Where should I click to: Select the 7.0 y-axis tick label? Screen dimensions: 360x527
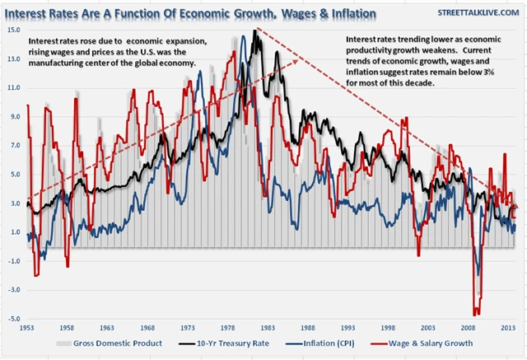point(16,145)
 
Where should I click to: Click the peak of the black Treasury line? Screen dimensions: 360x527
point(256,31)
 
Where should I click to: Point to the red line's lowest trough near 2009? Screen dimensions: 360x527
point(476,314)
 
